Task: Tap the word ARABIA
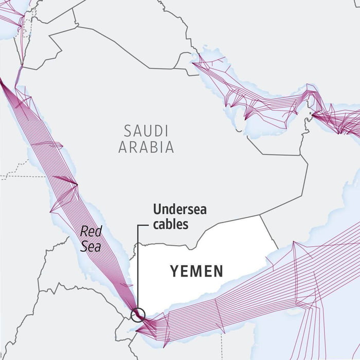(146, 147)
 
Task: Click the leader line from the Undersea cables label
(137, 267)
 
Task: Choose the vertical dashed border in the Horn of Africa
(221, 345)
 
